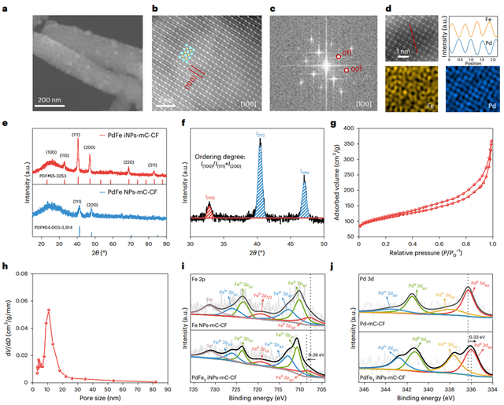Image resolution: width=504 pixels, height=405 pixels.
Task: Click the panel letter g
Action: coord(335,124)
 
